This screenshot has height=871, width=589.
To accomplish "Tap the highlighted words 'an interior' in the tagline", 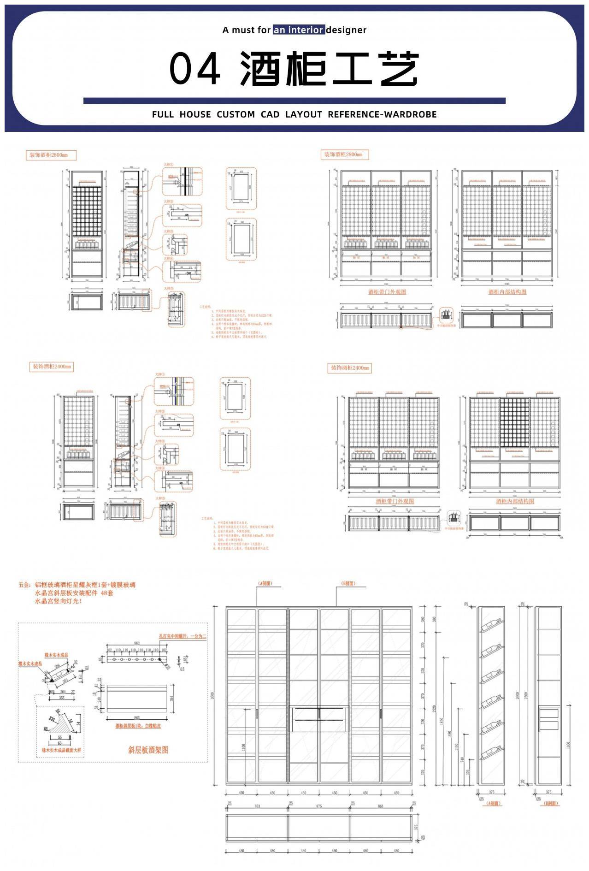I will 299,30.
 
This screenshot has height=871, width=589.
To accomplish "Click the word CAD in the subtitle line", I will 270,114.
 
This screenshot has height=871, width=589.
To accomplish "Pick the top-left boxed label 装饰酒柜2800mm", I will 50,155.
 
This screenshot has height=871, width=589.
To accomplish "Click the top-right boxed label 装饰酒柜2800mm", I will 345,154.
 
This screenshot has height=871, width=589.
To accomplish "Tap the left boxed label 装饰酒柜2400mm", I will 52,367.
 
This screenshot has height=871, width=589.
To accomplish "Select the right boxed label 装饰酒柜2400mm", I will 350,368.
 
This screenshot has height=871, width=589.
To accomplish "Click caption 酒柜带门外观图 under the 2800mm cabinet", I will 387,292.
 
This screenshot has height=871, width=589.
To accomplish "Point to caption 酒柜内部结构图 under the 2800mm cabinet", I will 507,292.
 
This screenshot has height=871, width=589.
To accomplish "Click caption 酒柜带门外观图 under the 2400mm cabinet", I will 395,501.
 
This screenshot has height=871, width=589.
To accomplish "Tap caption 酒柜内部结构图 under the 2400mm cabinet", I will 515,501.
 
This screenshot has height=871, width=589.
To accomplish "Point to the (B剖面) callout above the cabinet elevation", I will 348,583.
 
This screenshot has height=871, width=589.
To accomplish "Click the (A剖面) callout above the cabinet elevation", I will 265,583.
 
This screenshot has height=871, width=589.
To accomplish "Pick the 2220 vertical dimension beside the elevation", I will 434,708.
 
